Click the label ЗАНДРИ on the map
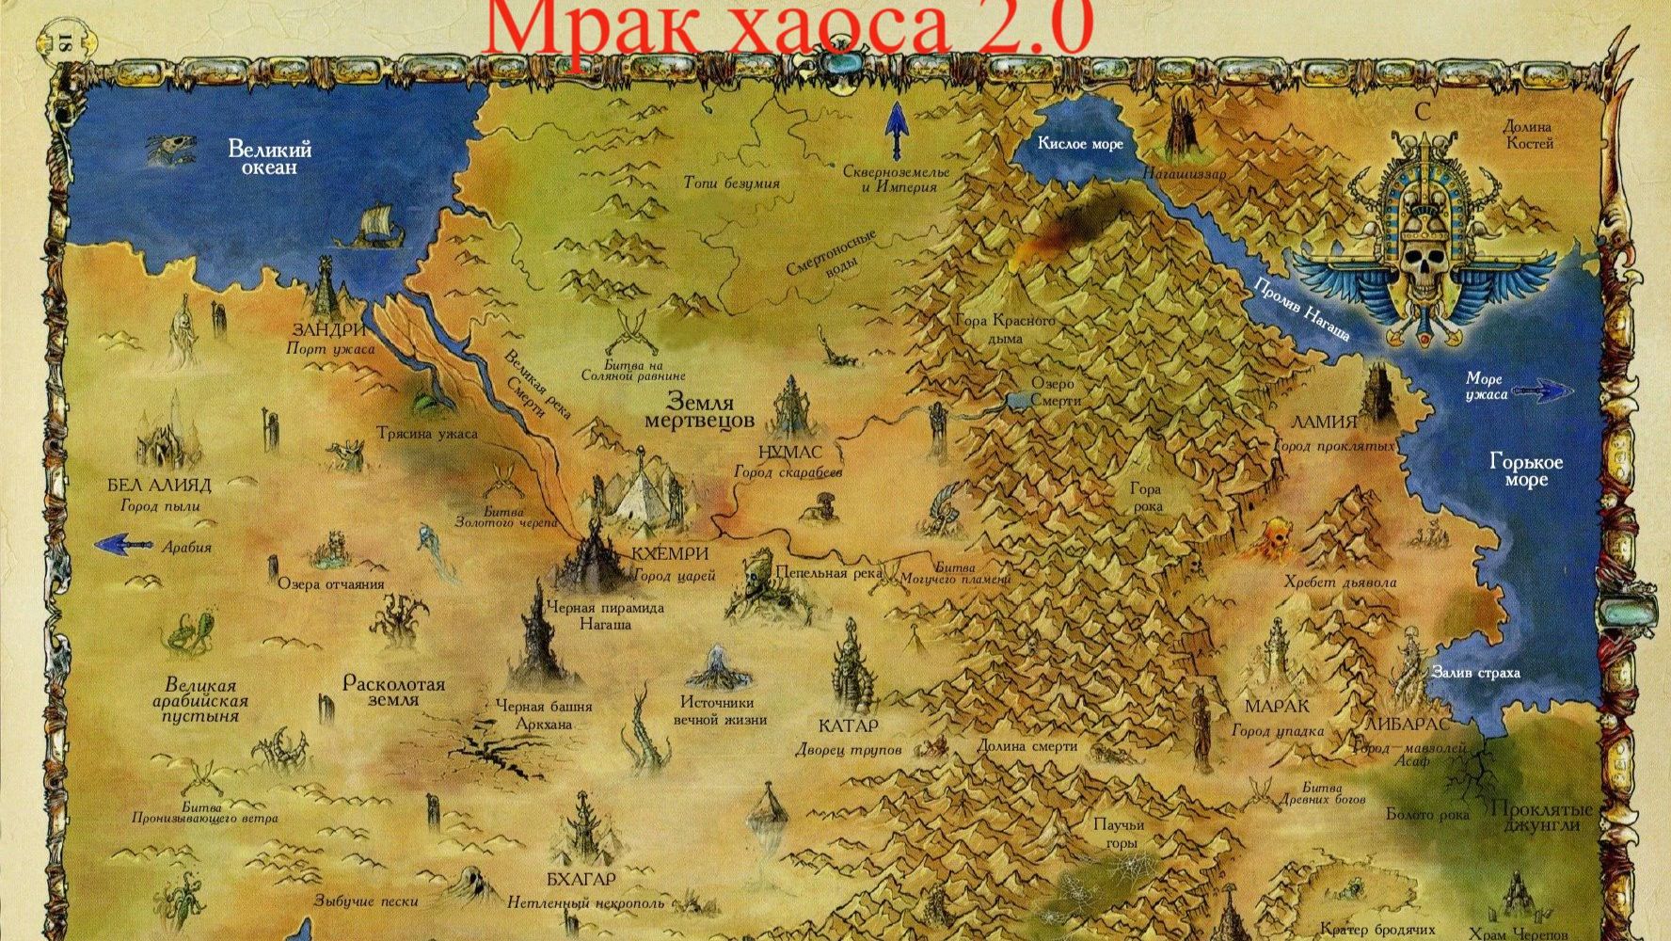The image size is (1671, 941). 328,330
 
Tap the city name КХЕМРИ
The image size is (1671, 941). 670,553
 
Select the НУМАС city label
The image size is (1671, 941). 789,453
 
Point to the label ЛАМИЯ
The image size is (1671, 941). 1324,422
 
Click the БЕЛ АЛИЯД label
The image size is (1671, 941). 160,486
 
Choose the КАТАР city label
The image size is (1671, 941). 848,726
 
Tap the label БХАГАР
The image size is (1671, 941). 581,880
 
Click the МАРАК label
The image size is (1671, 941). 1277,706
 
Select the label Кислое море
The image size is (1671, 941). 1080,144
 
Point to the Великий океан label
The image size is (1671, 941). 269,157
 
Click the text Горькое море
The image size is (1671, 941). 1525,470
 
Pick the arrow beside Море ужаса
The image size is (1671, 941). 1539,390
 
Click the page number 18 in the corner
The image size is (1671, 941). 64,42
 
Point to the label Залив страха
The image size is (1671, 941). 1474,673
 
